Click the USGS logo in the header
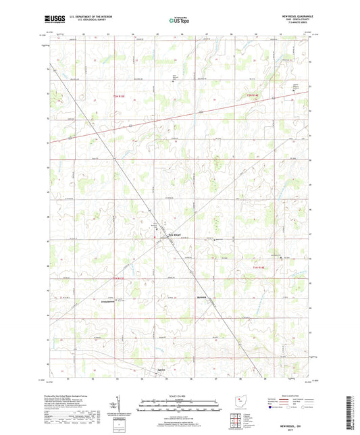coord(51,20)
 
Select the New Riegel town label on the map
coord(174,234)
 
